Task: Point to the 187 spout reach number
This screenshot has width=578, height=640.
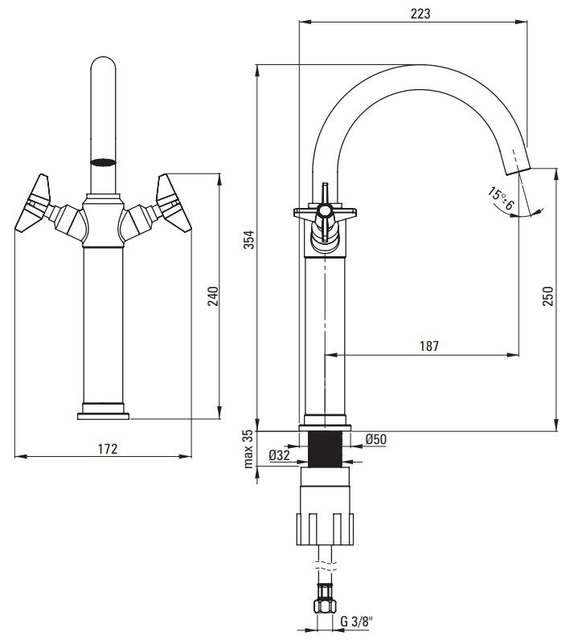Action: tap(429, 346)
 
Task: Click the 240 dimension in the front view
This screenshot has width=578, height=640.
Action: tap(213, 296)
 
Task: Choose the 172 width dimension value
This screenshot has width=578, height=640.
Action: tap(108, 448)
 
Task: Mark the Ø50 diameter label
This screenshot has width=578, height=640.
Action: tap(376, 438)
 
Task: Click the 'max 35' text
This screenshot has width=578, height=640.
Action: tap(249, 448)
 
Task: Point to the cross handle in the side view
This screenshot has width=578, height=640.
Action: tap(323, 212)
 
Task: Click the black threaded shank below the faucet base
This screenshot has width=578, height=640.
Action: tap(325, 448)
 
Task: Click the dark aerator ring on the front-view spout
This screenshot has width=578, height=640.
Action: tap(104, 161)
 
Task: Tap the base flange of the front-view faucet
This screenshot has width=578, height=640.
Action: tap(104, 414)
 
